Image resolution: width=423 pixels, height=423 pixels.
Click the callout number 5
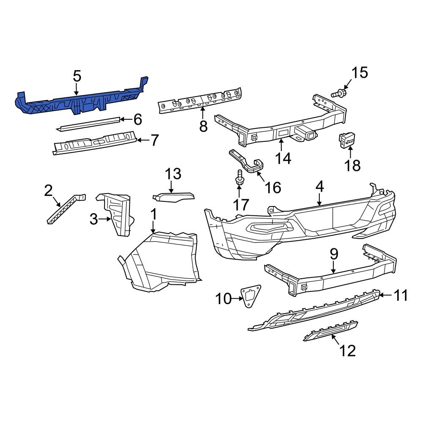(77, 77)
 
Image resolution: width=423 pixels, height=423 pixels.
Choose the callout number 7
(154, 140)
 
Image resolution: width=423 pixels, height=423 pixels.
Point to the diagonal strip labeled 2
(65, 209)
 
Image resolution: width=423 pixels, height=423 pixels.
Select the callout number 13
(173, 174)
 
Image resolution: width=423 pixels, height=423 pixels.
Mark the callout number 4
(319, 186)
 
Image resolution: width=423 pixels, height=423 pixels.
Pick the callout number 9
(334, 254)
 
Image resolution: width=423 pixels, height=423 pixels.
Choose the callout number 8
(203, 126)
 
